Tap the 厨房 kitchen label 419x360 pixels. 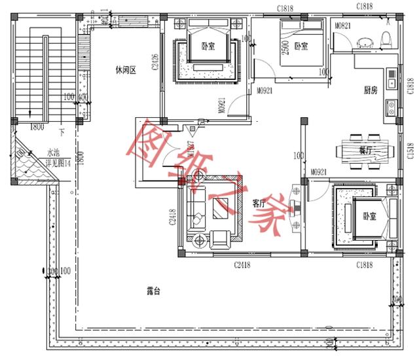[371, 90]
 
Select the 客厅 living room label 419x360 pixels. [261, 204]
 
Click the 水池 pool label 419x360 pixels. [53, 152]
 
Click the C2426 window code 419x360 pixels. [155, 62]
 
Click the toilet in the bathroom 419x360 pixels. [386, 41]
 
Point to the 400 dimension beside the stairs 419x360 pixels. [84, 98]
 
